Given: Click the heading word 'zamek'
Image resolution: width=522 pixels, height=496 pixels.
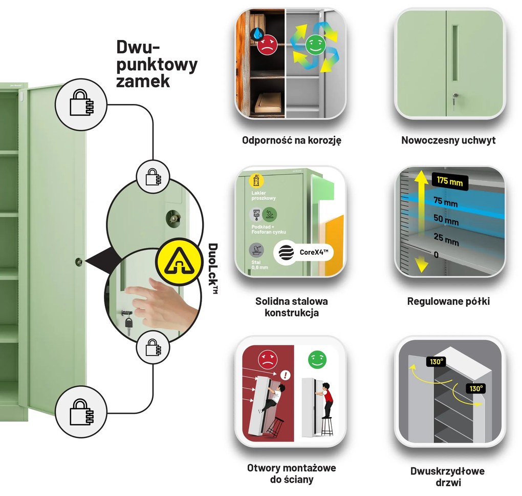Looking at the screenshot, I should point(143,80).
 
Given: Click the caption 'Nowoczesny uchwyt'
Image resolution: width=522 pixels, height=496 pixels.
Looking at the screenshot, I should point(448,140).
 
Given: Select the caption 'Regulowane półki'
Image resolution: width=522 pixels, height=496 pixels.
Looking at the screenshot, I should point(448,301).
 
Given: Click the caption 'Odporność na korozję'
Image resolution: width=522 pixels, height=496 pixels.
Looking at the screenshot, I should point(291,140).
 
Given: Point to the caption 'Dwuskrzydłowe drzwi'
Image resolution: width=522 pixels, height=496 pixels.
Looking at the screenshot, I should point(447,476).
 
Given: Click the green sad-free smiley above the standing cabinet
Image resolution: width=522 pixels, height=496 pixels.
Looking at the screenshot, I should point(317,360).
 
